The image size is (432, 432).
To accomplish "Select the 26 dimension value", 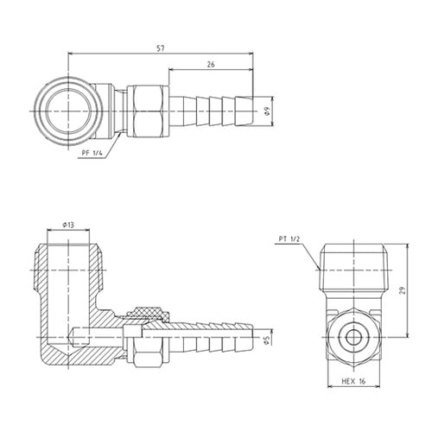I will coord(211,63).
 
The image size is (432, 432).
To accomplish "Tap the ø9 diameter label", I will coord(268,110).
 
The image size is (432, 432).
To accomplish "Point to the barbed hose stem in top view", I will coord(212,111).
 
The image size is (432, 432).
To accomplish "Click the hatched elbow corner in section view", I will coord(60,350).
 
